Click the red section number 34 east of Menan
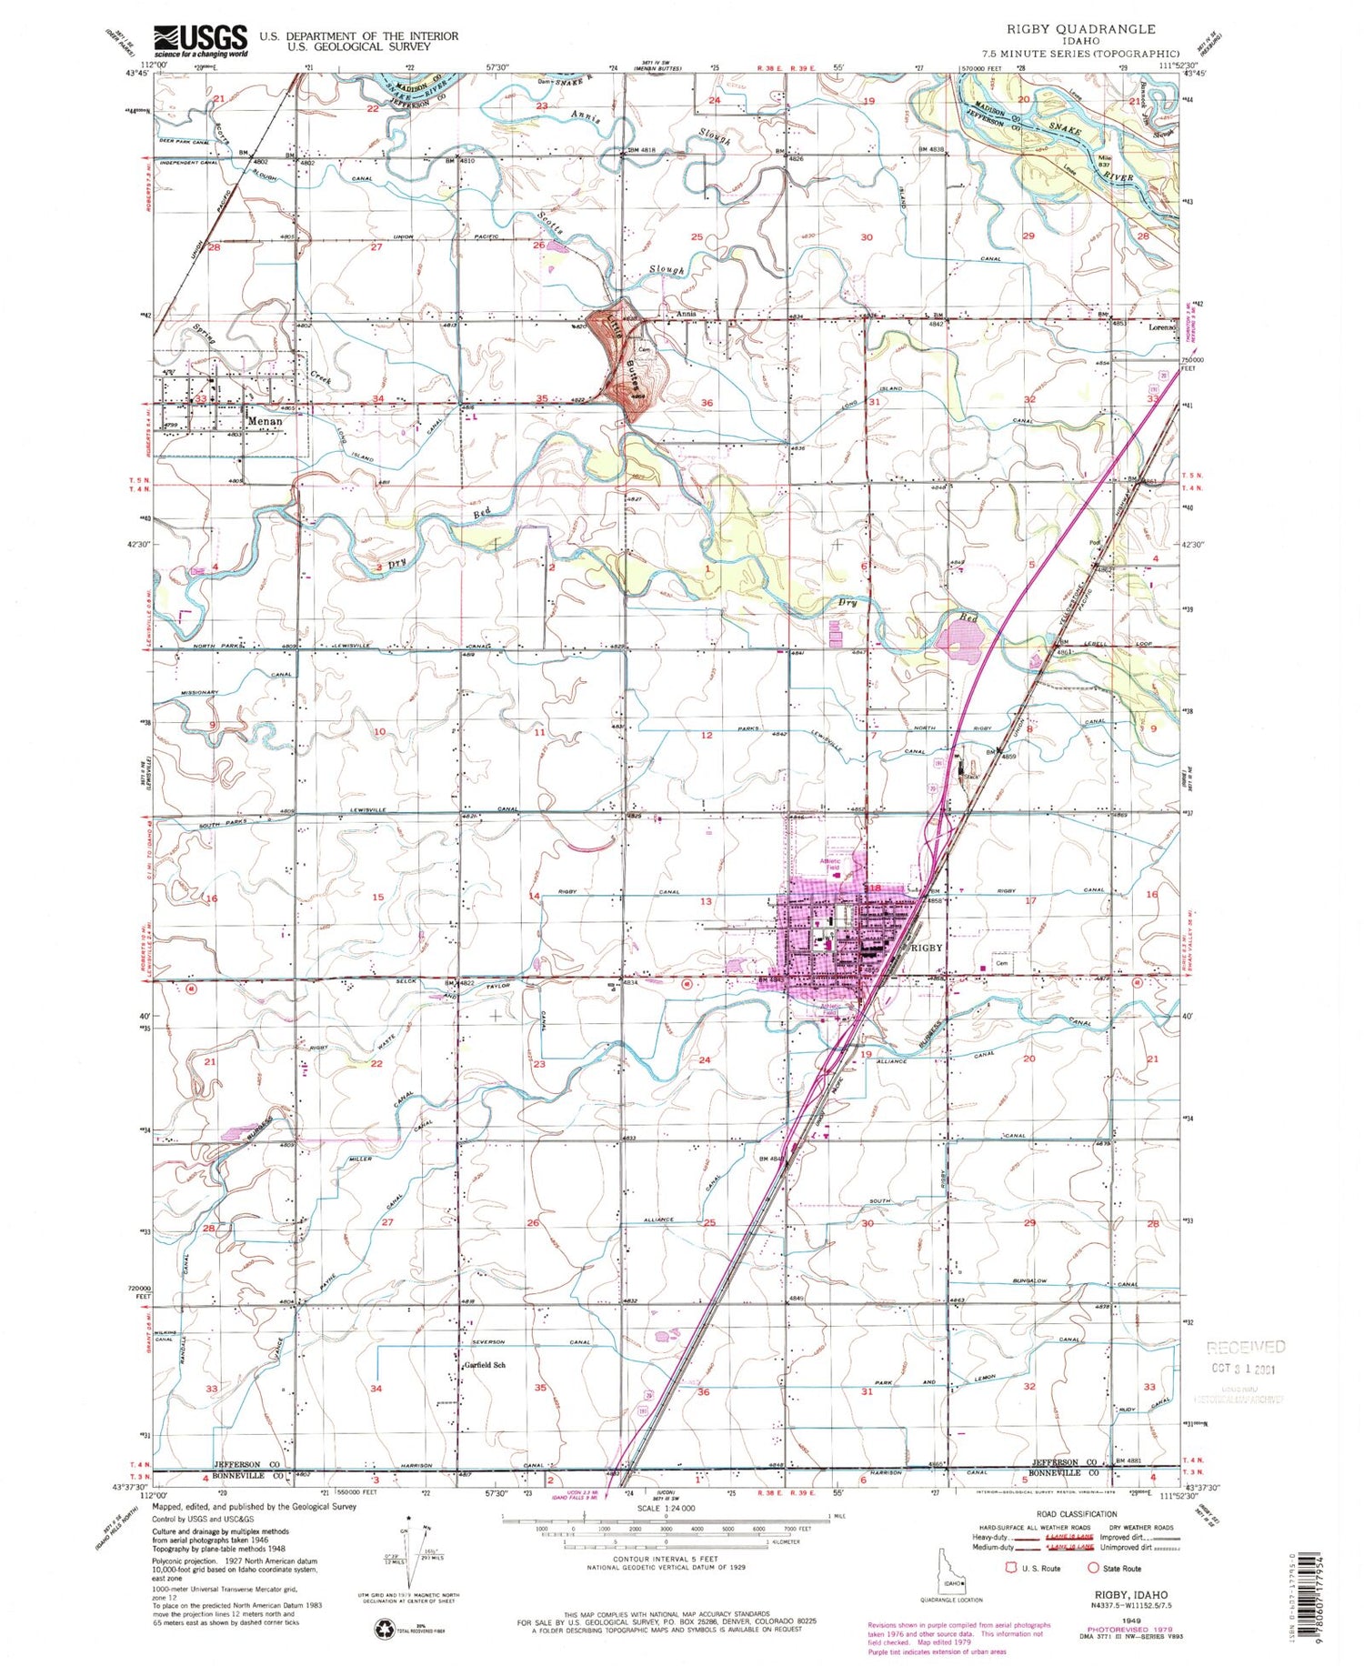[377, 399]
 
